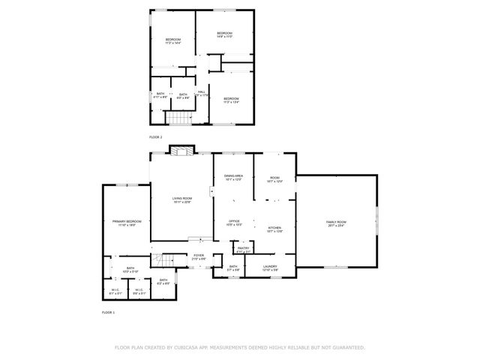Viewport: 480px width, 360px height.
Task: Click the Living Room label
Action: [182, 198]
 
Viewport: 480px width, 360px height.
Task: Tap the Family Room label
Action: [336, 222]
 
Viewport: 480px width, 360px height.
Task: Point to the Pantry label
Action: [243, 247]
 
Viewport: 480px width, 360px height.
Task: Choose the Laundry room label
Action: [271, 265]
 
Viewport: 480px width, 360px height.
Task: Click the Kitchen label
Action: [274, 228]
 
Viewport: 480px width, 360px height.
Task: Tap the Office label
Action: [234, 221]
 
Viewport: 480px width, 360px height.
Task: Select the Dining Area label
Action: [233, 176]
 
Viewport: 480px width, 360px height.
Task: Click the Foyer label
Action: [199, 256]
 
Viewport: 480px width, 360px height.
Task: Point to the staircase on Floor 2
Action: [178, 118]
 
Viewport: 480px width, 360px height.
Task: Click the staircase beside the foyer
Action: [163, 261]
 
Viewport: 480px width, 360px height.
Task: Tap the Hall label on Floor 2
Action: [202, 91]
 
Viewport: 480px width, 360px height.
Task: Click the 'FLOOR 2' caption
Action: [155, 138]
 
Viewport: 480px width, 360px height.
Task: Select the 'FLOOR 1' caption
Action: [108, 311]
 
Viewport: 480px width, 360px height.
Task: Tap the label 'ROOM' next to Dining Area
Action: [274, 178]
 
